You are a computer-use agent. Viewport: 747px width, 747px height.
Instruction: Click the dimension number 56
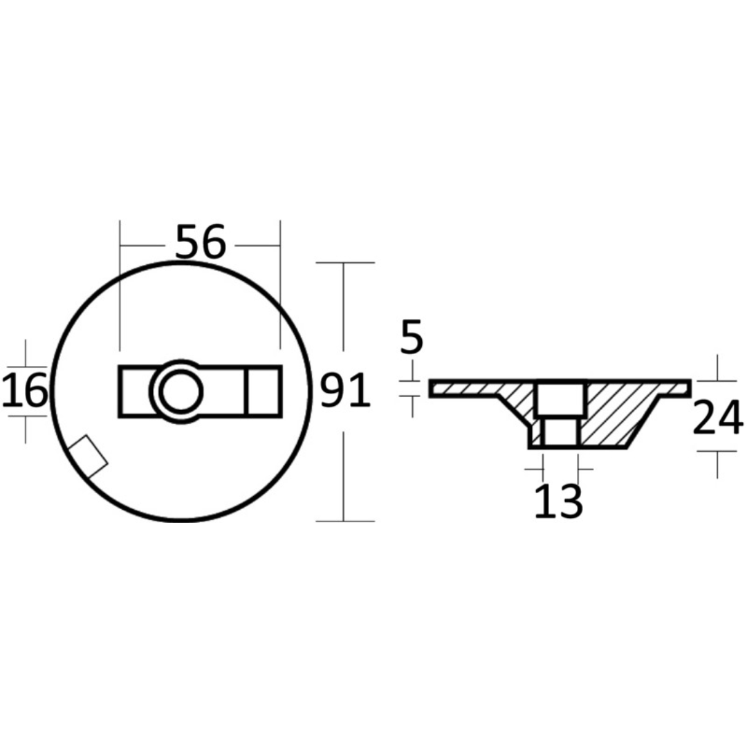coord(201,243)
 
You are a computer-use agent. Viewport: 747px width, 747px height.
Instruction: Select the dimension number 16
coord(25,391)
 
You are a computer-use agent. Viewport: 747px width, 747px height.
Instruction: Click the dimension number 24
coord(717,419)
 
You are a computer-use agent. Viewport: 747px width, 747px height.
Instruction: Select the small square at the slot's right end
coord(264,391)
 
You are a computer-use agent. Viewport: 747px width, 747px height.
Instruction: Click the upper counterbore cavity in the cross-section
coord(561,399)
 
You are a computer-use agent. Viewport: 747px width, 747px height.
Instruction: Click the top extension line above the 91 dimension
coord(344,263)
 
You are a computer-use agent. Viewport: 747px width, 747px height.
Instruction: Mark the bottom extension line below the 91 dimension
coord(344,521)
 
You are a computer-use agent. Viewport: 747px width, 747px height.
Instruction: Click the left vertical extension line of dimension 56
coord(120,284)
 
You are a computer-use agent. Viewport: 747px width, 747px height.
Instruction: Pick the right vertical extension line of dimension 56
coord(280,284)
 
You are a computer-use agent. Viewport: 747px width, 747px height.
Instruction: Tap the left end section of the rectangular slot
coord(134,392)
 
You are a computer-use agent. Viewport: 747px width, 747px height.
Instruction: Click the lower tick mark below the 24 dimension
coord(717,451)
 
